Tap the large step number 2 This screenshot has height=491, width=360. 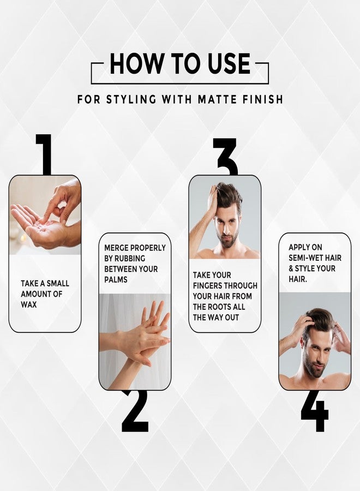pyautogui.click(x=135, y=411)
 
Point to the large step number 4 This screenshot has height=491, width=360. pyautogui.click(x=315, y=411)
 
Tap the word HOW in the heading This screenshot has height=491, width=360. pyautogui.click(x=137, y=63)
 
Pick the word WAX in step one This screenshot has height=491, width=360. pyautogui.click(x=29, y=304)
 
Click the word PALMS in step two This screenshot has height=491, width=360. pyautogui.click(x=116, y=280)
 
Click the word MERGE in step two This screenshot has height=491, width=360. pyautogui.click(x=116, y=248)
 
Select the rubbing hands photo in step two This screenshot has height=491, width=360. pyautogui.click(x=135, y=342)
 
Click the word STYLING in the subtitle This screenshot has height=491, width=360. pyautogui.click(x=131, y=100)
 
